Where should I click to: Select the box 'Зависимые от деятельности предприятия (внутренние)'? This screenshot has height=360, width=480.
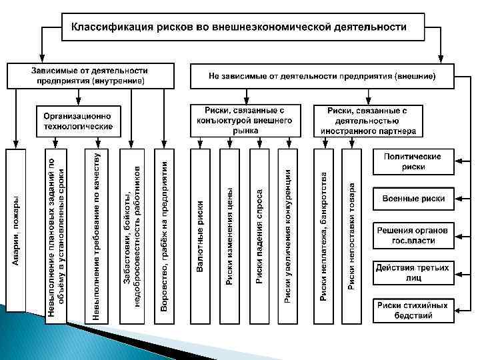click(x=90, y=75)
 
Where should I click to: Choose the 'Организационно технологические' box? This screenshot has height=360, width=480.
click(x=78, y=121)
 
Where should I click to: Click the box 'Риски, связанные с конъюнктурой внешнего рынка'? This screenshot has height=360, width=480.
click(x=245, y=120)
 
